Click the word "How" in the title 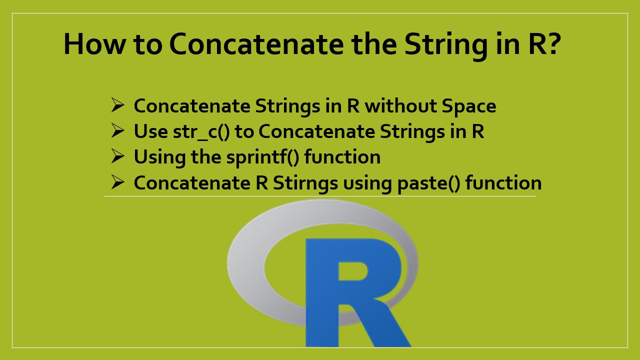93,44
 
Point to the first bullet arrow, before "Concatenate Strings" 117,105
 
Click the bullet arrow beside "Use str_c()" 117,131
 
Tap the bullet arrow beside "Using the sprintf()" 117,156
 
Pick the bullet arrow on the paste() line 117,182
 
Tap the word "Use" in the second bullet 150,131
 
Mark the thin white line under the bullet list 320,196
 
